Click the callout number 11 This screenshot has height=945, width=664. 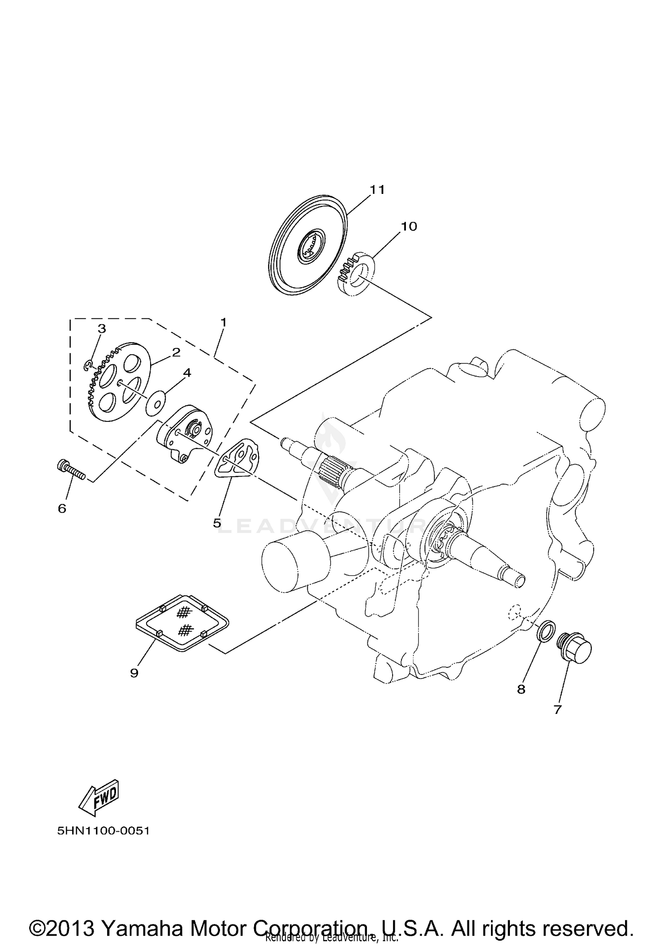coord(377,190)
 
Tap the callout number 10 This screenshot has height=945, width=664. coord(409,227)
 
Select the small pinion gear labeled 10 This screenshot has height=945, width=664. coord(357,272)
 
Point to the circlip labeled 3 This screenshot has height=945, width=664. coord(89,364)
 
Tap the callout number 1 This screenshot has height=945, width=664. coord(224,322)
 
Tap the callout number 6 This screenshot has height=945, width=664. coord(62,509)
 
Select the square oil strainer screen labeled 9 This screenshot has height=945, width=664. coord(181,622)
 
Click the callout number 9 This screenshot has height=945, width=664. coord(134,673)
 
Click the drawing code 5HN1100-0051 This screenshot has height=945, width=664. coord(103,831)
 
